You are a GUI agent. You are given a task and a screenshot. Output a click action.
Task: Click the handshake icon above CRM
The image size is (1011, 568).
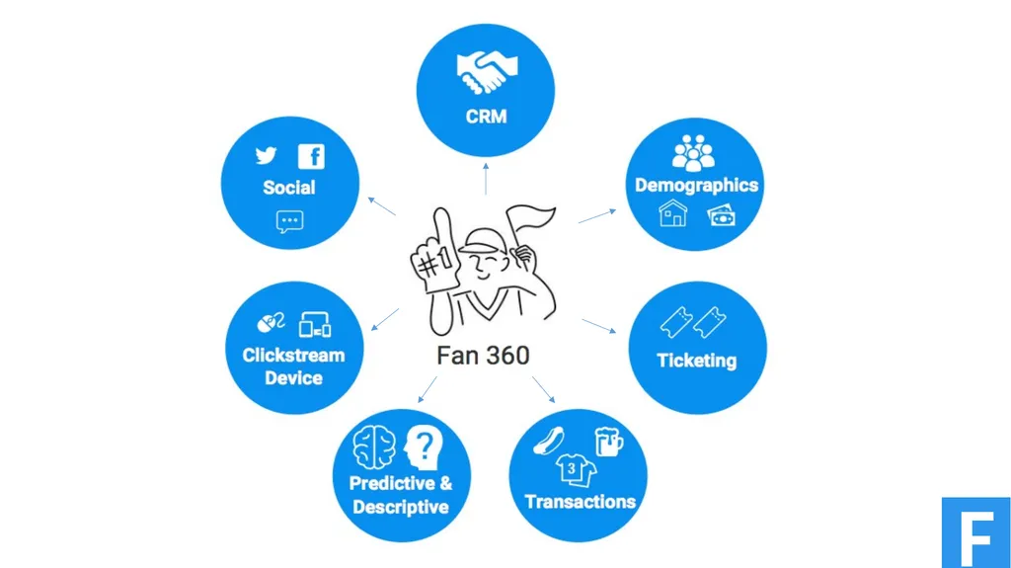click(487, 72)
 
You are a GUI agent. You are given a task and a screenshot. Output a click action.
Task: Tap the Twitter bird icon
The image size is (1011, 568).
click(266, 155)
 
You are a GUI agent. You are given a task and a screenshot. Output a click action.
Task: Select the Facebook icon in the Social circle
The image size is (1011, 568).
click(311, 156)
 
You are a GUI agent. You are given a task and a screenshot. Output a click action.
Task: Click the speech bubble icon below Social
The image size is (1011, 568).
click(289, 221)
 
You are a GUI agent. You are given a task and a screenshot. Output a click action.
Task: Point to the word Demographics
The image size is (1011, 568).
click(696, 186)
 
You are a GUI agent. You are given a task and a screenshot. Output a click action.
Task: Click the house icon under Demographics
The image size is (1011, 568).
click(672, 213)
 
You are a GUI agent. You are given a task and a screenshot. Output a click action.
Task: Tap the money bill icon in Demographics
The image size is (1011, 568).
click(721, 215)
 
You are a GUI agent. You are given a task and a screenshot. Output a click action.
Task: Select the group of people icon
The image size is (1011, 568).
click(693, 153)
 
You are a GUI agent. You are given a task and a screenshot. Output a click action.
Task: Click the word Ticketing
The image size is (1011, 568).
click(696, 361)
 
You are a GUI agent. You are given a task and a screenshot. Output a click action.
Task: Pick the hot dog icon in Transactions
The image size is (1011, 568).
click(549, 441)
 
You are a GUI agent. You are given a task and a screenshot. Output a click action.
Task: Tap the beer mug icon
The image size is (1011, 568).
click(608, 443)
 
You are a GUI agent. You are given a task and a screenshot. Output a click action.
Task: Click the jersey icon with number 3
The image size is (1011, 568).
click(576, 470)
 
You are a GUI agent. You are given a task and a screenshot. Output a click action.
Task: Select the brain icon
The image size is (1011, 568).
click(374, 447)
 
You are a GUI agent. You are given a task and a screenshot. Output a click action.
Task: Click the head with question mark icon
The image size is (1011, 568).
click(423, 447)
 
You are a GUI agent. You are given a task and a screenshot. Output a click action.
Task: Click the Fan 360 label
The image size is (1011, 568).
click(483, 356)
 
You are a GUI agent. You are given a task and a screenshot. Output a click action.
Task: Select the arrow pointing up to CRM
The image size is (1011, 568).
click(486, 179)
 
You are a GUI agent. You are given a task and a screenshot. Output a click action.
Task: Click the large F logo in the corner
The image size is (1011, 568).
click(976, 532)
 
